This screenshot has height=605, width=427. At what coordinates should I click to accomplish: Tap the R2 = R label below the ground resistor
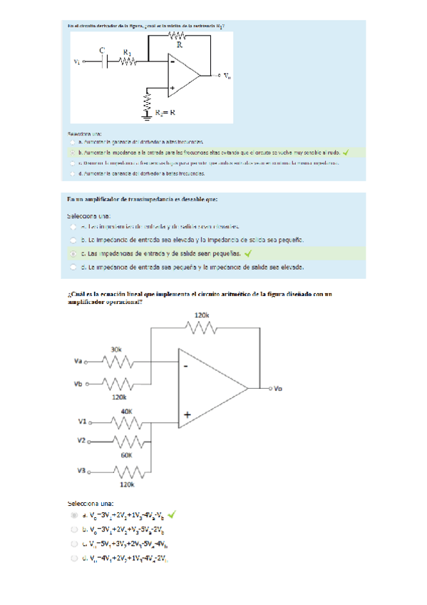[164, 112]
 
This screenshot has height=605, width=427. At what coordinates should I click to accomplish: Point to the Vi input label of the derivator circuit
[77, 62]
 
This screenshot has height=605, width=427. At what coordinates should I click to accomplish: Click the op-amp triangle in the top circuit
[182, 74]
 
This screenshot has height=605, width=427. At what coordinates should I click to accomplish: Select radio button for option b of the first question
[72, 152]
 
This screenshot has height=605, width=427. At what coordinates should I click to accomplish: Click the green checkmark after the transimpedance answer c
[248, 253]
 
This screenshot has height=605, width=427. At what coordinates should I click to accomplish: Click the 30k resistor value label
[115, 350]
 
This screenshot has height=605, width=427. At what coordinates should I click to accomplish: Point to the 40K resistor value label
[127, 412]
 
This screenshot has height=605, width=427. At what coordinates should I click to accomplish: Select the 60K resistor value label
[126, 454]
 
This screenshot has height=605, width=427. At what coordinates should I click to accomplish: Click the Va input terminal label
[78, 362]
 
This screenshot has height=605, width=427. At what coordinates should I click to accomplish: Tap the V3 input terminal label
[81, 471]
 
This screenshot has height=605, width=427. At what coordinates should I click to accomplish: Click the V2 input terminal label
[81, 441]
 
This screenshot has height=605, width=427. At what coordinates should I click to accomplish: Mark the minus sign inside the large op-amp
[186, 366]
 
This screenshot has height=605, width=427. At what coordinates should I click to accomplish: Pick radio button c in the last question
[74, 544]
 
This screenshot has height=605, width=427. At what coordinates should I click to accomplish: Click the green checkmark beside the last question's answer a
[173, 514]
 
